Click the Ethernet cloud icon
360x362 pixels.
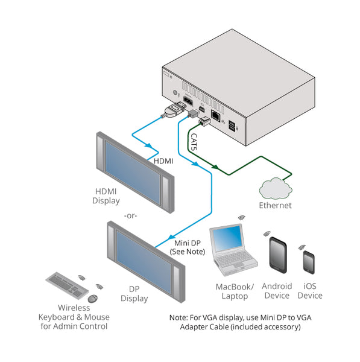point(276,188)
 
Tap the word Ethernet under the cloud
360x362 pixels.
point(275,205)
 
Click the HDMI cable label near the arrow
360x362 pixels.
point(163,161)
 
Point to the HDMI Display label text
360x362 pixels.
point(106,196)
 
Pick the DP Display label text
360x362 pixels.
point(134,294)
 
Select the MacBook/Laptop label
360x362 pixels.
point(235,291)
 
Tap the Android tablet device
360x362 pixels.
point(277,256)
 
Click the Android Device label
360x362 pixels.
point(277,291)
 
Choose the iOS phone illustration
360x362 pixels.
point(309,262)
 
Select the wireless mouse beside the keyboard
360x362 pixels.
point(92,299)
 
